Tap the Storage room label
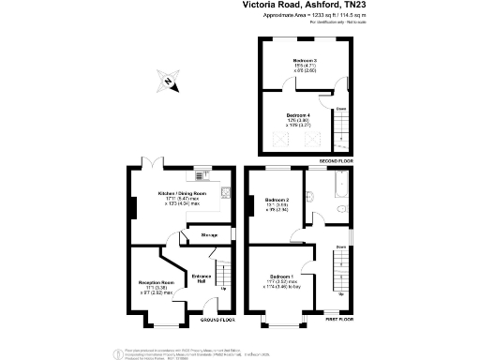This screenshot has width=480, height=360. pyautogui.click(x=209, y=235)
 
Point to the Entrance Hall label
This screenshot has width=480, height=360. pyautogui.click(x=202, y=277)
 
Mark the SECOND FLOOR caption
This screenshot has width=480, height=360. pyautogui.click(x=336, y=161)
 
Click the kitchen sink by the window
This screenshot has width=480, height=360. pyautogui.click(x=199, y=173)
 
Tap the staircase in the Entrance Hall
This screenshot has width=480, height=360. pyautogui.click(x=223, y=276)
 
